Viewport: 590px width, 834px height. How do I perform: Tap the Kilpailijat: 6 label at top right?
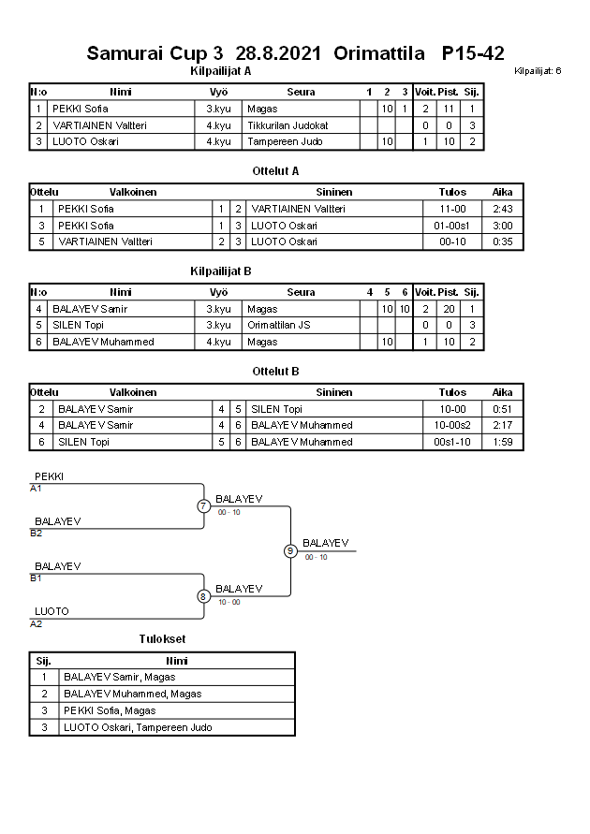pos(538,71)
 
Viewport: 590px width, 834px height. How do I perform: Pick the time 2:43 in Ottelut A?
pos(502,209)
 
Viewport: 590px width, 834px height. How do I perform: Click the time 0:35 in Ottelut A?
pos(502,241)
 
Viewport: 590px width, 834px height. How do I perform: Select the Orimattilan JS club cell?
pos(279,325)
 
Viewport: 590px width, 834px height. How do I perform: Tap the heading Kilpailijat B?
pos(221,271)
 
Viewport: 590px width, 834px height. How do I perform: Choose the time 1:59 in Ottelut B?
pos(502,442)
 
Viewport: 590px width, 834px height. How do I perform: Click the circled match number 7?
pos(203,506)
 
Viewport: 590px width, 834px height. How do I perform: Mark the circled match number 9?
pos(290,550)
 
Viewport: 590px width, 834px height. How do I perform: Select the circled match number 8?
pos(203,595)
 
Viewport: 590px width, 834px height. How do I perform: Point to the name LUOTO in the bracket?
pos(52,611)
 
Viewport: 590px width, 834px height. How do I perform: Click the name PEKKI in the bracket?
pos(50,476)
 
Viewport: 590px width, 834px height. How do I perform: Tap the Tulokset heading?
pos(162,639)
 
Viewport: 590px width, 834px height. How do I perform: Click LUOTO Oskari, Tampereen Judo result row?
pos(137,727)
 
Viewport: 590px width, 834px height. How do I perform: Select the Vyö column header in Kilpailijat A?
pos(218,92)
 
